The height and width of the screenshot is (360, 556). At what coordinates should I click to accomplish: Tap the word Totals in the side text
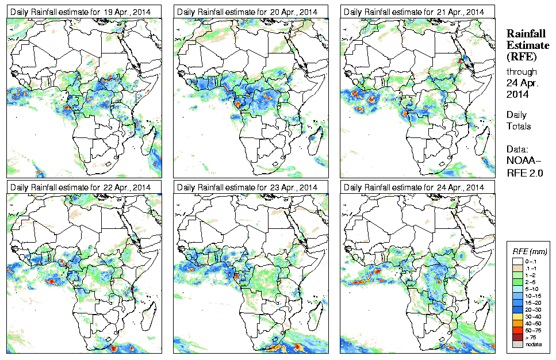[519, 126]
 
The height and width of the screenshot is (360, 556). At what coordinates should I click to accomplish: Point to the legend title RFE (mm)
[530, 251]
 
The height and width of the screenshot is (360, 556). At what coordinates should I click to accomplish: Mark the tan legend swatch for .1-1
[517, 269]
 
